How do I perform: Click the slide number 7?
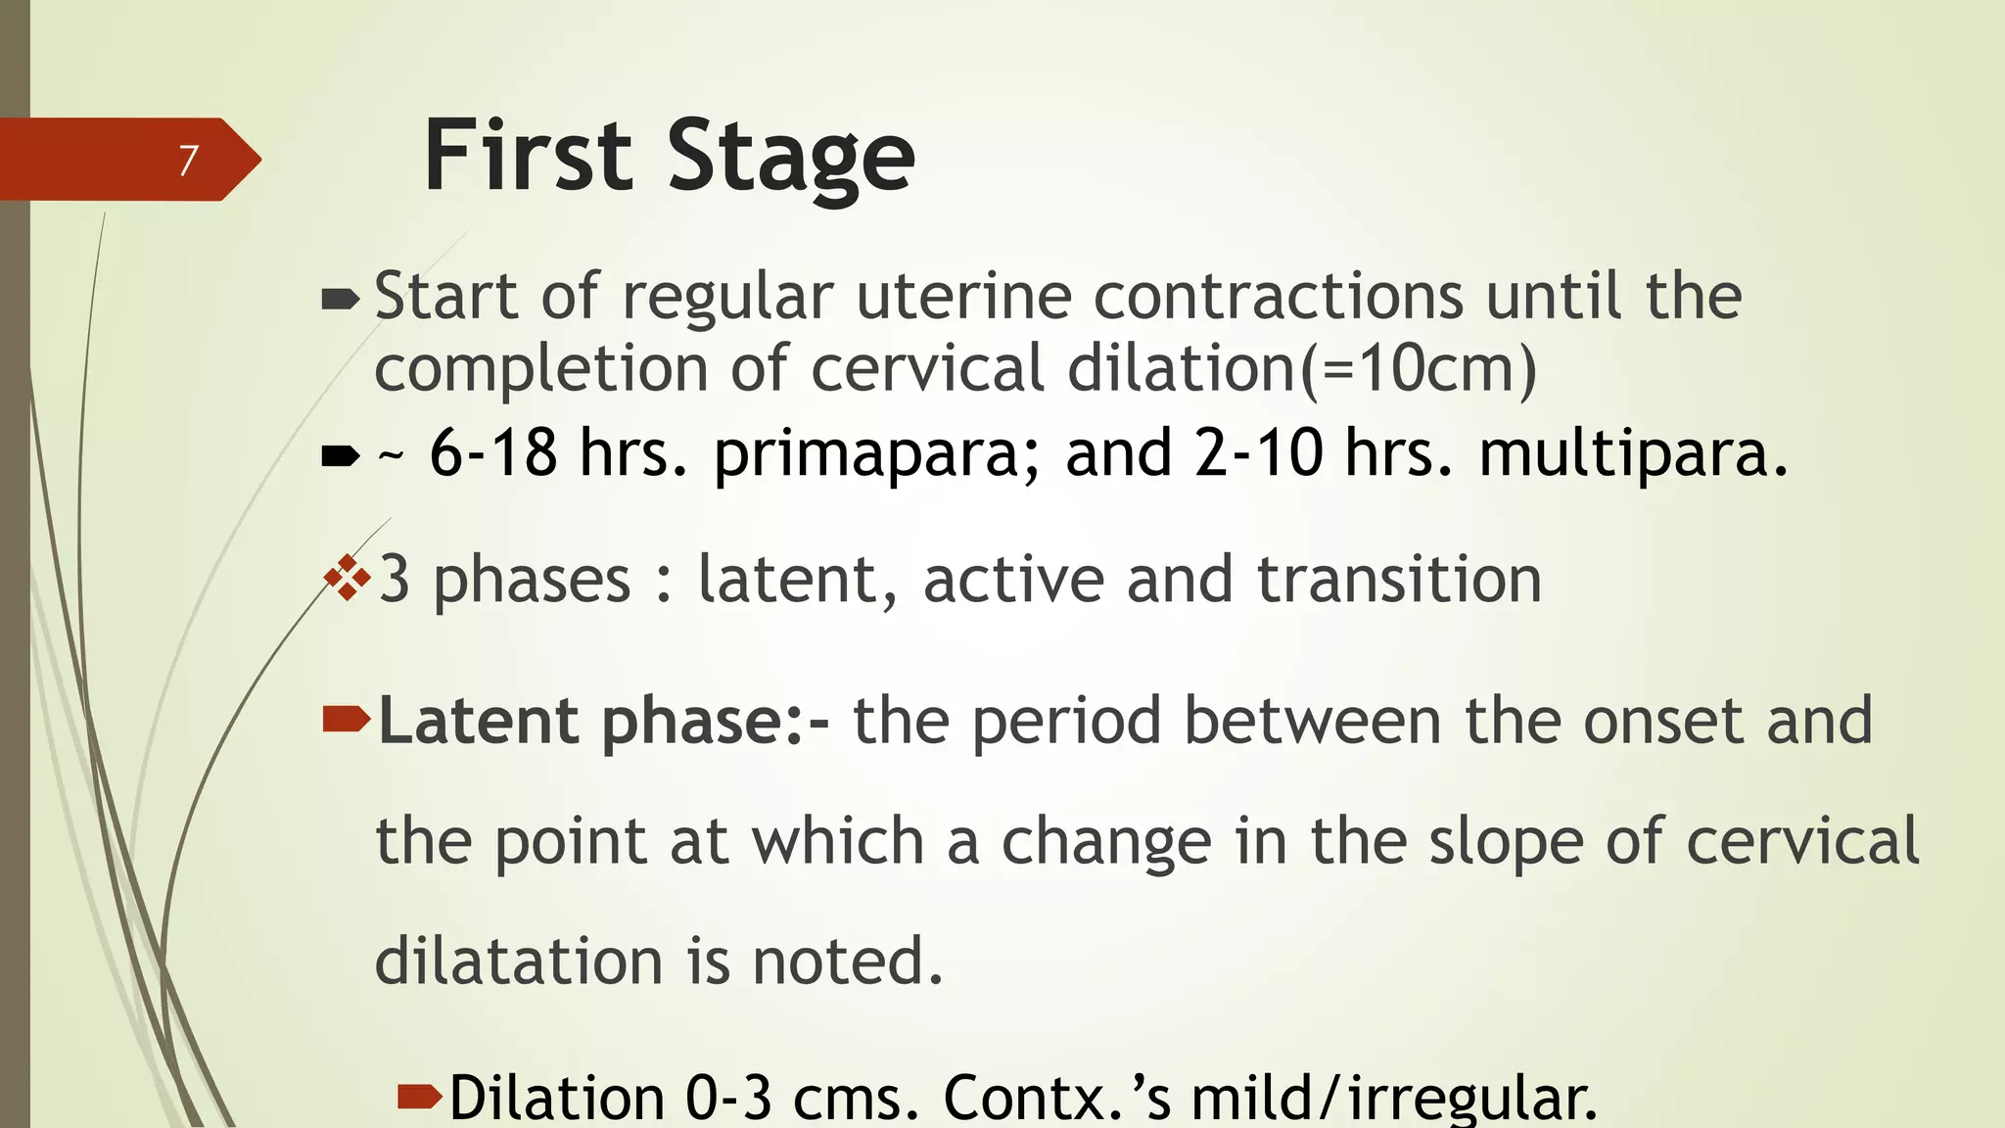click(x=189, y=160)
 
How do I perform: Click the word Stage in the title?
click(x=791, y=157)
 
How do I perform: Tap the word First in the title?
click(x=528, y=157)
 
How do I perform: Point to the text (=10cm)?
click(x=1419, y=369)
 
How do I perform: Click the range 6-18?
click(x=493, y=452)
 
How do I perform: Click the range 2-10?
click(x=1258, y=452)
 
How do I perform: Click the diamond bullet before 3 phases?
click(x=348, y=578)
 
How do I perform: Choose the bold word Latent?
click(x=479, y=721)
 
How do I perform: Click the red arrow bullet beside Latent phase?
click(x=346, y=721)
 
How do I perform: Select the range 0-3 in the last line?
click(x=728, y=1099)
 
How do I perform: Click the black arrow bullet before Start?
click(x=341, y=299)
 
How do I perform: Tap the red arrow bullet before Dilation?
click(x=420, y=1097)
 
